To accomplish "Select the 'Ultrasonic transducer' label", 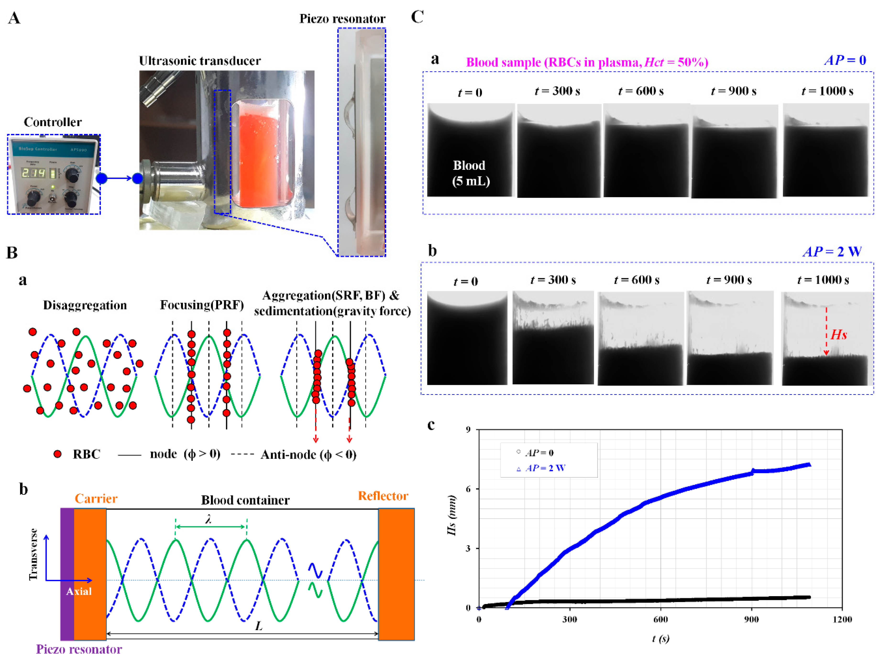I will pos(200,61).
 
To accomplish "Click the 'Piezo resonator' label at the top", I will pos(342,19).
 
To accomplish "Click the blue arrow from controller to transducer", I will pos(119,178).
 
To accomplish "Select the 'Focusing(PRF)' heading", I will pos(202,305).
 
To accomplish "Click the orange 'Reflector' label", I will pos(383,496).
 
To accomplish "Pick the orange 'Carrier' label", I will pos(96,499).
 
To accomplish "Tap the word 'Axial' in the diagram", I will pos(79,591).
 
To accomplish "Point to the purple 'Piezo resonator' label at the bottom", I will pos(79,649).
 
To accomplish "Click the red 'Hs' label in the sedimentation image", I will pos(839,334).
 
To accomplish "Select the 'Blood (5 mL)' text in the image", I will pos(471,173).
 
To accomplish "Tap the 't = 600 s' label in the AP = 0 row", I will pos(641,91).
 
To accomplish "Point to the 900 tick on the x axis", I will pos(751,619).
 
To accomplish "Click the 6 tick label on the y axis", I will pos(468,489).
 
